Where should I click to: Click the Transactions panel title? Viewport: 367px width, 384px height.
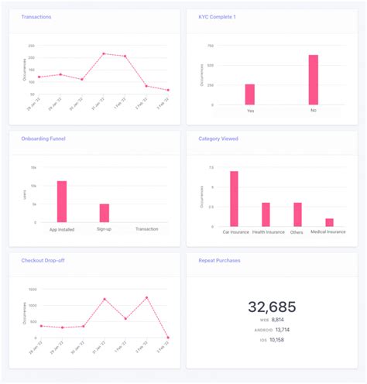point(36,16)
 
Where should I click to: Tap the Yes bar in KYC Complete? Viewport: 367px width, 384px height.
point(250,94)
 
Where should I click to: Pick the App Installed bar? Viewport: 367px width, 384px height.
point(62,202)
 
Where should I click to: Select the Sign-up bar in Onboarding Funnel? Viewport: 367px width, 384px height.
point(105,214)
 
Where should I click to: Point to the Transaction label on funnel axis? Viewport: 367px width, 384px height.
point(146,230)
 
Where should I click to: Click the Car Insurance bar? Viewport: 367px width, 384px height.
point(234,199)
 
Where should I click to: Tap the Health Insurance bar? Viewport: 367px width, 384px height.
point(266,214)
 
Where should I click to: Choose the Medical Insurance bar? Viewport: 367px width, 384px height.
point(329,222)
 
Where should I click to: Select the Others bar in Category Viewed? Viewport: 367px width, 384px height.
point(297,214)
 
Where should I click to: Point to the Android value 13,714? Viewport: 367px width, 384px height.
point(278,329)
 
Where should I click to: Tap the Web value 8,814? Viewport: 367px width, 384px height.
point(278,319)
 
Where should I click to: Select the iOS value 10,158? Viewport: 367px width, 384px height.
point(278,339)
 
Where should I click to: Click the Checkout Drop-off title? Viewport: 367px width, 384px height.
point(43,261)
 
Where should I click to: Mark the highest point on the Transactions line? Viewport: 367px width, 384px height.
point(104,53)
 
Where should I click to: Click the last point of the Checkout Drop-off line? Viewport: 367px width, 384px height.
point(168,338)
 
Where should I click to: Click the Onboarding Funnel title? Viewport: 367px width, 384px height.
point(44,139)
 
